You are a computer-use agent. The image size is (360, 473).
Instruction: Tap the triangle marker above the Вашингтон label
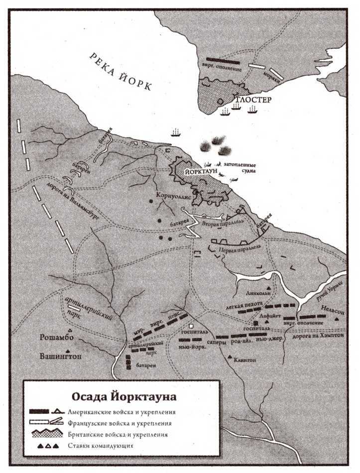(x=66, y=351)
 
